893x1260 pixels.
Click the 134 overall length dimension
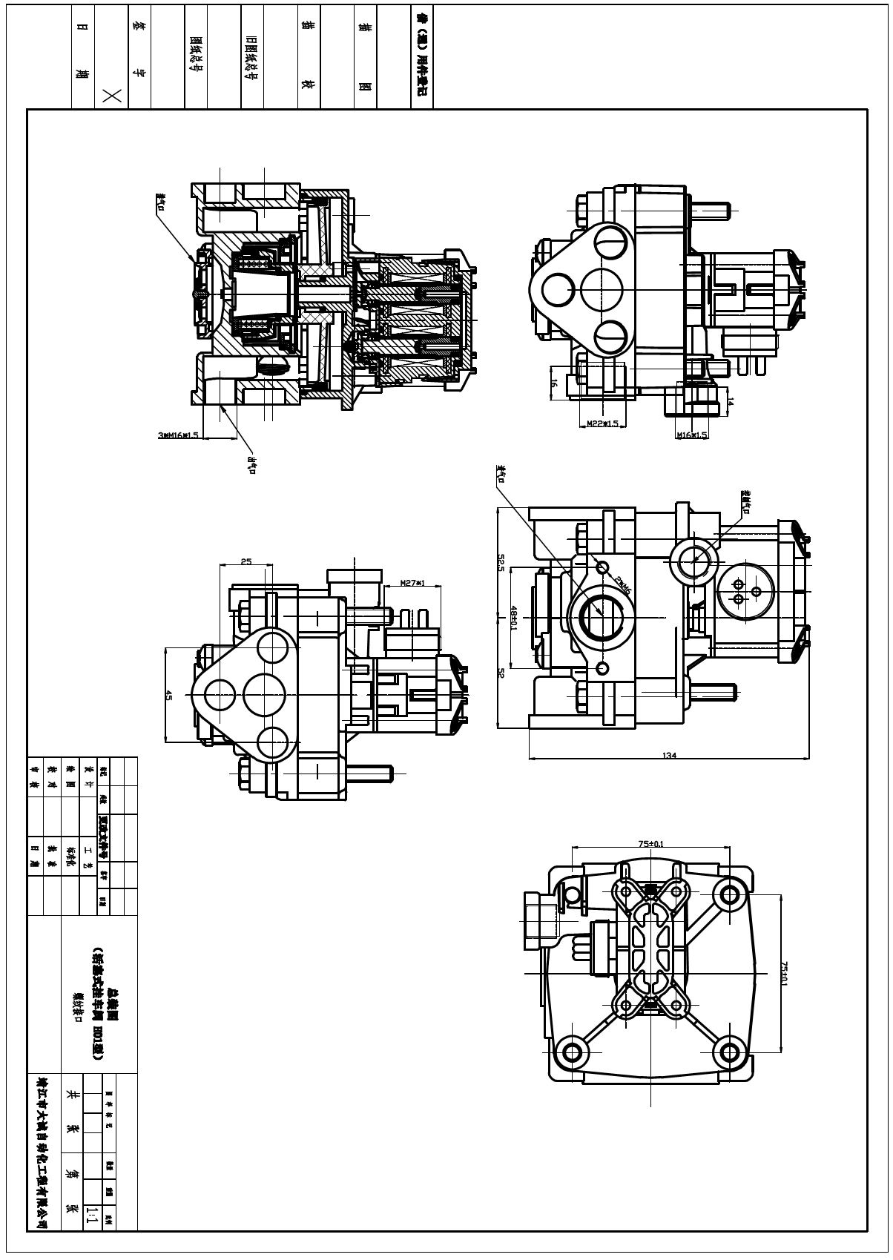(x=670, y=755)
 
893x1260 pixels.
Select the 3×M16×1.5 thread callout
(x=178, y=435)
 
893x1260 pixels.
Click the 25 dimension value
(x=246, y=561)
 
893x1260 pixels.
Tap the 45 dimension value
(x=168, y=696)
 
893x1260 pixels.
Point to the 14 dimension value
(x=730, y=401)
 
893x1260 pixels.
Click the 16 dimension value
(x=554, y=383)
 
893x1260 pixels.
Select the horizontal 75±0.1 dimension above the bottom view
(x=650, y=843)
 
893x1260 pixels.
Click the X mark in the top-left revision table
(x=112, y=94)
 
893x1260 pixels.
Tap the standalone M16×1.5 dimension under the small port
(x=691, y=435)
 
